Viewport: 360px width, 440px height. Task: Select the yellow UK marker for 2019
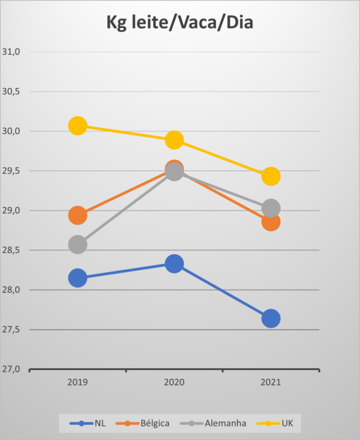(x=77, y=126)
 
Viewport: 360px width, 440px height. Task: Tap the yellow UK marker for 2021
(x=271, y=176)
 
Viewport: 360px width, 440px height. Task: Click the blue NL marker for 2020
(x=174, y=263)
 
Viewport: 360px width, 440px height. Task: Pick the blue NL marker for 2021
(x=271, y=318)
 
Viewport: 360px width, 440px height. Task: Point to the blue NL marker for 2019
(x=77, y=278)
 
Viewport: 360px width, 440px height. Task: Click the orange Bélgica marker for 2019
(x=77, y=215)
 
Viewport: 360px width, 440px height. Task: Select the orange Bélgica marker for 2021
(x=271, y=222)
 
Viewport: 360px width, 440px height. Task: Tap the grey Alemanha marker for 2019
(x=77, y=245)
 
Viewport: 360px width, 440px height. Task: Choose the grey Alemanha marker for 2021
(x=271, y=208)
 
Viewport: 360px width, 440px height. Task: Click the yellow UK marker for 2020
(x=174, y=140)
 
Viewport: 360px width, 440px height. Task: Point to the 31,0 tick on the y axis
(x=12, y=52)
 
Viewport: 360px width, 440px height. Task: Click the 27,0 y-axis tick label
(x=12, y=369)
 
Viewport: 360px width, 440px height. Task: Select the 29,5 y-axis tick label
(x=12, y=171)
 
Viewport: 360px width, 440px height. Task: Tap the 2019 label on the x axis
(x=77, y=382)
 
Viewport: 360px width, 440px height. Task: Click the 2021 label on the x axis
(x=271, y=382)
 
